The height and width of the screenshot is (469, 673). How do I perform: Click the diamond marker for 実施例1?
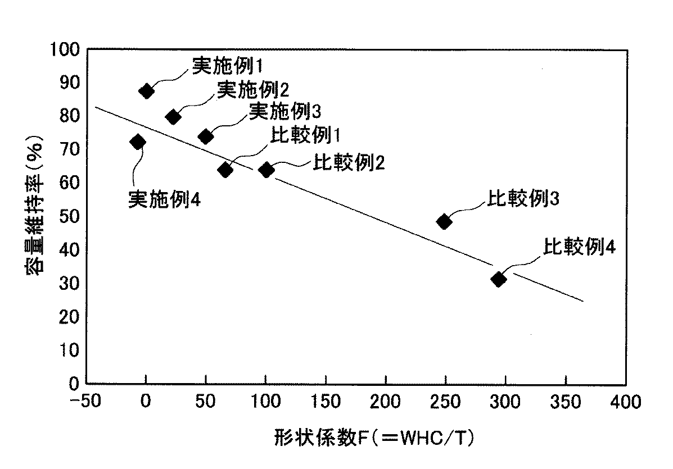(146, 91)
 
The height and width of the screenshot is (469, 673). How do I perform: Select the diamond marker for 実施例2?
(173, 117)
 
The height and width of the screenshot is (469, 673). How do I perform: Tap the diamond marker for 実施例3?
(206, 136)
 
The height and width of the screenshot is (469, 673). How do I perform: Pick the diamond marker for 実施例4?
(137, 142)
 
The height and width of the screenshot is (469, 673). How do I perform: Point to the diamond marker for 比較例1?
(225, 170)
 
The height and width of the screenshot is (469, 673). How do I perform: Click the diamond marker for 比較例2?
(267, 170)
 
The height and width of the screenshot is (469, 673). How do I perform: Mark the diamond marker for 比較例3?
(444, 221)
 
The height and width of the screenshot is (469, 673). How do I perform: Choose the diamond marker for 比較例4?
(498, 279)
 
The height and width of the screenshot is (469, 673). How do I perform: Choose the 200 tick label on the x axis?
(385, 402)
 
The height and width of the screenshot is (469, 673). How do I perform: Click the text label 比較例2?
(349, 163)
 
